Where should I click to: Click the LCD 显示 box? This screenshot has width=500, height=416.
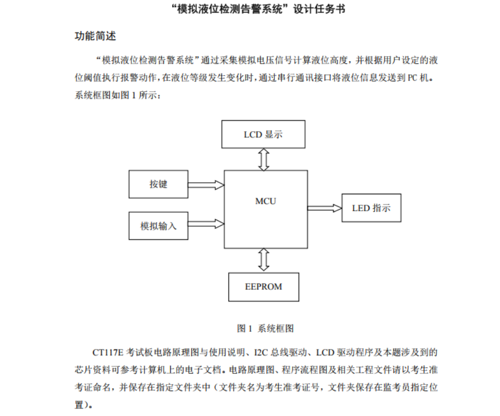point(264,134)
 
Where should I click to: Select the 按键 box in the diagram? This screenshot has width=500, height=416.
point(158,184)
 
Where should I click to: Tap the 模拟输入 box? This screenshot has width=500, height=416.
point(158,226)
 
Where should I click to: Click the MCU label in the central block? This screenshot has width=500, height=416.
point(266,201)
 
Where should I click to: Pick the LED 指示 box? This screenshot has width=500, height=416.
point(371,208)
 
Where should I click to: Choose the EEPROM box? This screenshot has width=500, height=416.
point(264,287)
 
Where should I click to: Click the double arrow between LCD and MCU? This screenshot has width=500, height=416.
point(264,159)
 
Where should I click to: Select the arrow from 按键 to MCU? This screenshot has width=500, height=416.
point(206,185)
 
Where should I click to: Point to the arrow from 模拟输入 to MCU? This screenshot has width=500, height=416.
point(206,223)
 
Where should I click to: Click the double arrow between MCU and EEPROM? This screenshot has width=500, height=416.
point(264,260)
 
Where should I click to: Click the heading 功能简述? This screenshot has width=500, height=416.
point(95,37)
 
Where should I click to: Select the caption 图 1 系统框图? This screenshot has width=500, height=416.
point(265,328)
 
